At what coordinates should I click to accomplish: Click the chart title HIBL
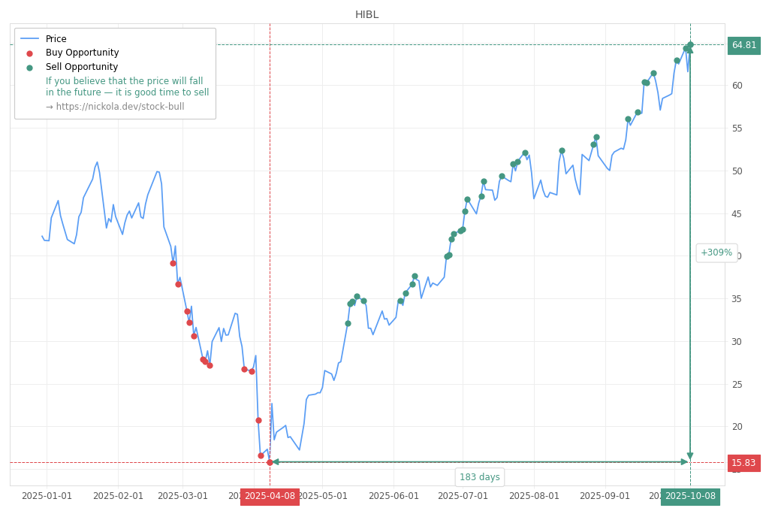366,14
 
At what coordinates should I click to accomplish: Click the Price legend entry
56,39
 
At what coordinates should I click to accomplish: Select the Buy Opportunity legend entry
82,53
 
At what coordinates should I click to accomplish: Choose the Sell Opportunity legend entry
81,67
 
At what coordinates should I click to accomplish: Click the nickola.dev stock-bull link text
114,107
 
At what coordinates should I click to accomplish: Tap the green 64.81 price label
743,45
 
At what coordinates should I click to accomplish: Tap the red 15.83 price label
743,463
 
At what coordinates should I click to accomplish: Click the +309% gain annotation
716,252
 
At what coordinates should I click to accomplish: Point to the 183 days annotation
479,477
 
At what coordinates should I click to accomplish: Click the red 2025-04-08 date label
270,496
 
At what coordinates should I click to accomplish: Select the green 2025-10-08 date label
690,496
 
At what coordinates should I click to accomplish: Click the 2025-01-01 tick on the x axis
47,496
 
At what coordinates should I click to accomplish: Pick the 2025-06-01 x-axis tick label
394,496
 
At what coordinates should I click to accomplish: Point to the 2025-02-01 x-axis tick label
118,496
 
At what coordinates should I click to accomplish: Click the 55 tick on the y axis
737,128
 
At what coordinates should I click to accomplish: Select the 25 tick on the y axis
737,384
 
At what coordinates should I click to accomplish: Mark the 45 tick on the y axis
737,213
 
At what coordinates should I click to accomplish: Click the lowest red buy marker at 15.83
270,462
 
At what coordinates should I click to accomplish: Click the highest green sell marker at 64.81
690,45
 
